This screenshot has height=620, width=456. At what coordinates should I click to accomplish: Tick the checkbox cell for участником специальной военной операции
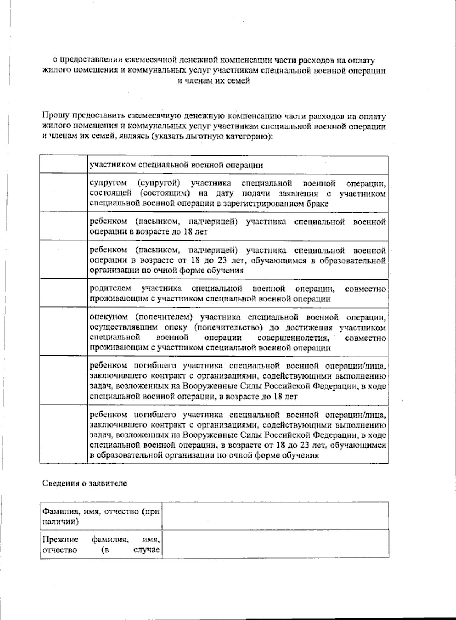(x=63, y=165)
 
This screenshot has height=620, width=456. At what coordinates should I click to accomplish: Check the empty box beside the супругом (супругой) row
(x=63, y=193)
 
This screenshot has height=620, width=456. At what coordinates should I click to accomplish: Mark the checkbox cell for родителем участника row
(x=63, y=293)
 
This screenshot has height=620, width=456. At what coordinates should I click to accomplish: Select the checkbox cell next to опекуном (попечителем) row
(x=63, y=332)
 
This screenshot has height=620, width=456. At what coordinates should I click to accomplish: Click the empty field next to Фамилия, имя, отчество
(x=275, y=516)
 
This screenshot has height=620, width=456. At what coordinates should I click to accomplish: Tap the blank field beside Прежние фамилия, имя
(x=275, y=544)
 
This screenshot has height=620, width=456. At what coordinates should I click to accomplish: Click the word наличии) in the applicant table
(x=61, y=521)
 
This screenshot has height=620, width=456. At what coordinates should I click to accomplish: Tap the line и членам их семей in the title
(x=214, y=80)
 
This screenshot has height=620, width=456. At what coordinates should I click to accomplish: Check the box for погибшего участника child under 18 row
(x=63, y=380)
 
